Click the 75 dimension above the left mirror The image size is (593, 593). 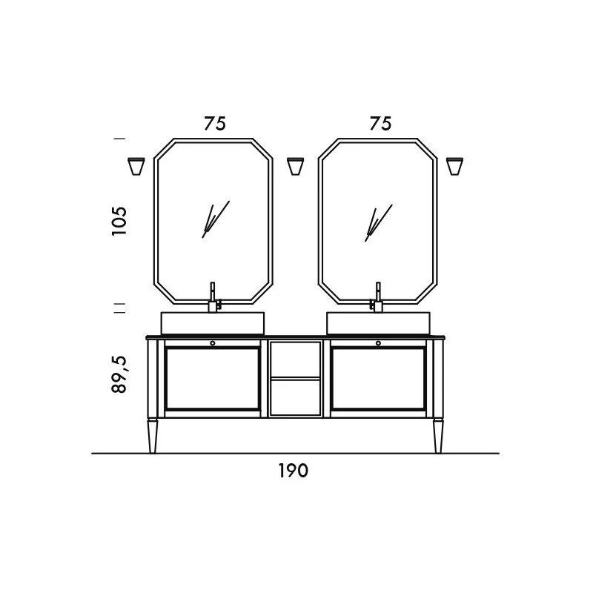point(215,123)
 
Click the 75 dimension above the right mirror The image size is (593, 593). point(380,123)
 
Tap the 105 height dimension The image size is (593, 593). point(119,221)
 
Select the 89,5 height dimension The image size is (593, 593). point(119,374)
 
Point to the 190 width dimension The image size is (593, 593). point(294,471)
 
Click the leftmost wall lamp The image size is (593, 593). point(136,166)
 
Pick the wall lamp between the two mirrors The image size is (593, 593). point(295,166)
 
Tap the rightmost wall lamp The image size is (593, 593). point(454,166)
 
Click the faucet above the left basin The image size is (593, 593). point(214,297)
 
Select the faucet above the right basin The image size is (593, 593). point(377,297)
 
